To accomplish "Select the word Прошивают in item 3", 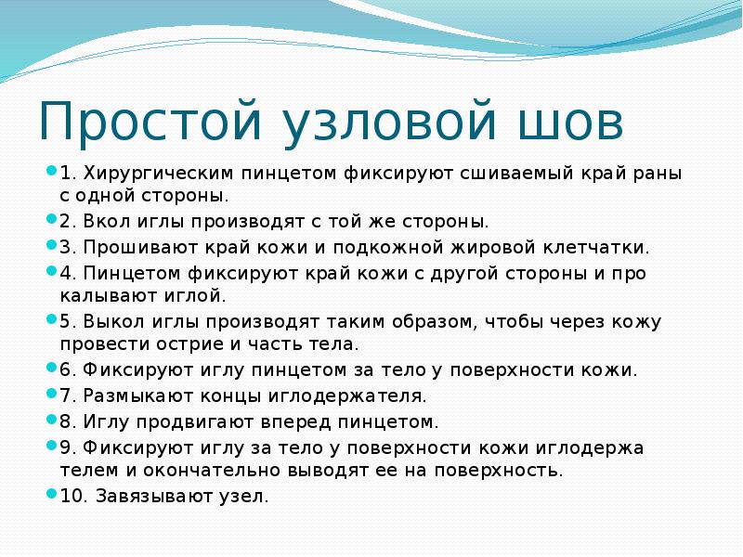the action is (x=130, y=248).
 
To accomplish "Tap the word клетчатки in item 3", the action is (x=601, y=248).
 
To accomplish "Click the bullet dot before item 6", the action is (x=52, y=368).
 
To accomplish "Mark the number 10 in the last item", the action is (x=72, y=497).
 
